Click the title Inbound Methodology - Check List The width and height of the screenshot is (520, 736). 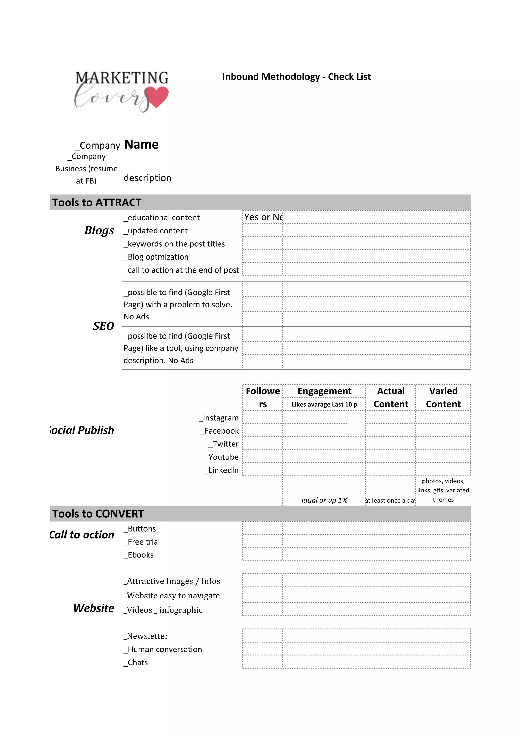296,77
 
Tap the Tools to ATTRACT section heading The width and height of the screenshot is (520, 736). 97,203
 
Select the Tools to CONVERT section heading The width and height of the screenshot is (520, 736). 98,514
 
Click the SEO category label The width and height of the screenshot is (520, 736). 104,326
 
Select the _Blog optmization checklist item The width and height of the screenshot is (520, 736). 156,257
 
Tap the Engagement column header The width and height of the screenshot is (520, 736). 324,391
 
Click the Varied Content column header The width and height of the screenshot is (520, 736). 443,397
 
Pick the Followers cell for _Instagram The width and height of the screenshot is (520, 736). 262,417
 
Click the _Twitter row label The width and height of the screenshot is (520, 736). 224,444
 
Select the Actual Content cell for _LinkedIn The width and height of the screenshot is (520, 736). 391,470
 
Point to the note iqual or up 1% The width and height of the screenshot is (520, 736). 324,500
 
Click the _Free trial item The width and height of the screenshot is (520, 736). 142,542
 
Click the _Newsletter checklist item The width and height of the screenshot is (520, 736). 146,636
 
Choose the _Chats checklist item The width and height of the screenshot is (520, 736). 136,662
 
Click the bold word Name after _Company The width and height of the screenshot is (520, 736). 141,144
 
